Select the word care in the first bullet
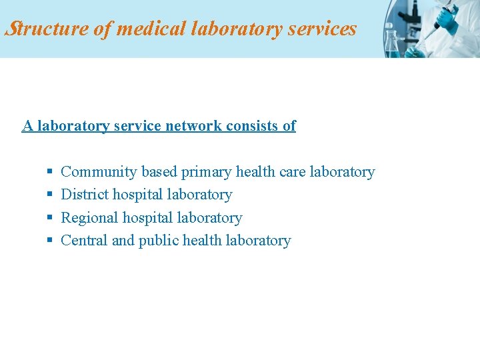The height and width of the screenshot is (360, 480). pos(293,172)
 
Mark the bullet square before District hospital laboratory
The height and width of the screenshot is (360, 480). pos(49,195)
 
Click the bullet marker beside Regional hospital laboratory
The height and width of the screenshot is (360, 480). pos(49,218)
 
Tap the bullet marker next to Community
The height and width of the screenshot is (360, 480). pos(49,173)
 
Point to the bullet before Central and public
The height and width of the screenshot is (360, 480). pos(49,241)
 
